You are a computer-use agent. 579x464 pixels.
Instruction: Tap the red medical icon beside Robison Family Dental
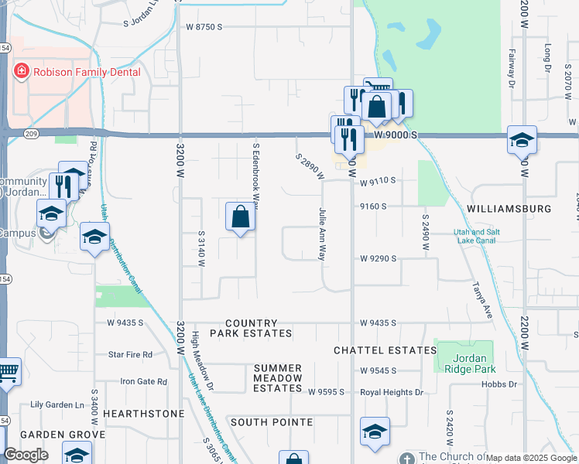coord(22,73)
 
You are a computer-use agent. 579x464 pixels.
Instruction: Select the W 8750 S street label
coord(204,26)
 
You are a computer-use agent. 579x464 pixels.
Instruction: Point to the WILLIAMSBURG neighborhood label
coord(509,209)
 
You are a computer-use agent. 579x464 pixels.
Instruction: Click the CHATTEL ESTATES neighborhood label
coord(385,350)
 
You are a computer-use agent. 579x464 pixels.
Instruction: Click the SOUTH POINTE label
coord(271,422)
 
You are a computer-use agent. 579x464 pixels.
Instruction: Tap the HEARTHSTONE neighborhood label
coord(144,414)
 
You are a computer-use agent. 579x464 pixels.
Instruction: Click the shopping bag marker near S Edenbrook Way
coord(240,219)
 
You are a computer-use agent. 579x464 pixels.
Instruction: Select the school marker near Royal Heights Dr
coord(375,432)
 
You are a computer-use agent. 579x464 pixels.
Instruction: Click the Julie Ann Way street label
coord(323,232)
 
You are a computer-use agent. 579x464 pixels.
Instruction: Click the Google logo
coord(25,455)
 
